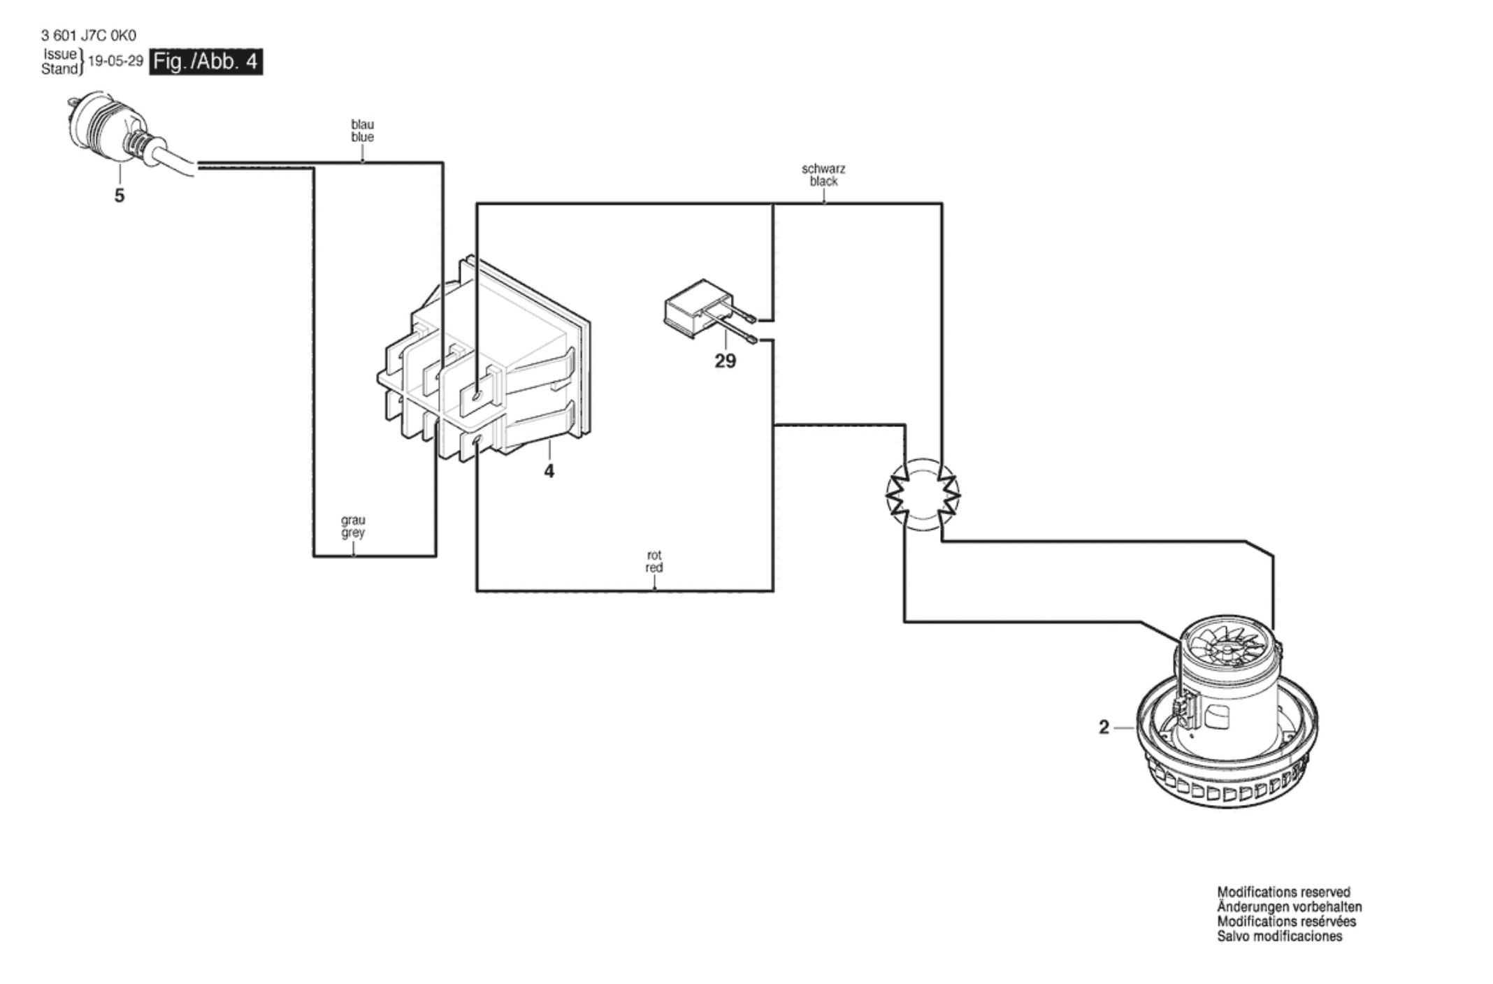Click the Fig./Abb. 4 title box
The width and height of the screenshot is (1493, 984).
tap(207, 61)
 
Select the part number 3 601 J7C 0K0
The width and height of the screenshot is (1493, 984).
tap(89, 36)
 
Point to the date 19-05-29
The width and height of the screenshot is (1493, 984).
tap(115, 61)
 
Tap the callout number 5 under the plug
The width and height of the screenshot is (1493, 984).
tap(120, 196)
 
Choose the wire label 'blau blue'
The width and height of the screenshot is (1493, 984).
tap(362, 131)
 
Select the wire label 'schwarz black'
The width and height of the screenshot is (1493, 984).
tap(823, 175)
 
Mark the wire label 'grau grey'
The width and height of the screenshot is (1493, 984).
tap(353, 526)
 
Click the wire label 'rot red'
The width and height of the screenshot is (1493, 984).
tap(654, 561)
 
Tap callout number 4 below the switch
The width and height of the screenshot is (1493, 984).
tap(549, 472)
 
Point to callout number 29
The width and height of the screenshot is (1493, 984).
tap(726, 361)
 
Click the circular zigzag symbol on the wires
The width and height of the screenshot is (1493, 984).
tap(923, 495)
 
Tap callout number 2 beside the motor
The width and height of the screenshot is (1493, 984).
tap(1104, 728)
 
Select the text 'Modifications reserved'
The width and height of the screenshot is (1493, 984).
tap(1284, 892)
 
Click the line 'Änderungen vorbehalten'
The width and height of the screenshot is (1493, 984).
tap(1290, 907)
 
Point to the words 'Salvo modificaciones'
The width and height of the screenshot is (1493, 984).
tap(1280, 936)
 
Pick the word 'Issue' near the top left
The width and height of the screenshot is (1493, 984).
tap(60, 54)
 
